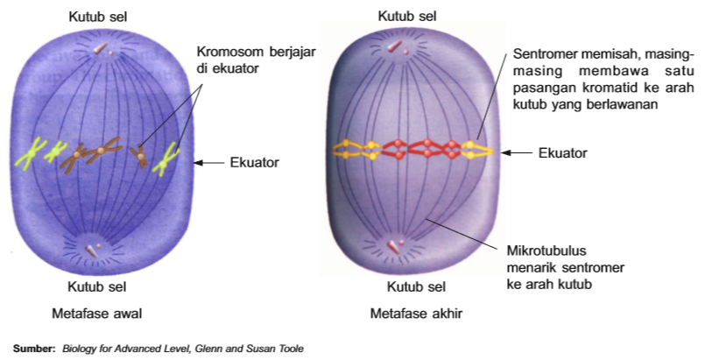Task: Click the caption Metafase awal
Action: click(x=104, y=312)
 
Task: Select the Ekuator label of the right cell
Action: click(x=562, y=152)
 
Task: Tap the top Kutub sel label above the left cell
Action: click(x=102, y=17)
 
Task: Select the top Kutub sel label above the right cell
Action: click(x=407, y=17)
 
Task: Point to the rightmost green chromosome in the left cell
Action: click(x=165, y=158)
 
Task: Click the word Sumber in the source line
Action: click(x=33, y=349)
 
